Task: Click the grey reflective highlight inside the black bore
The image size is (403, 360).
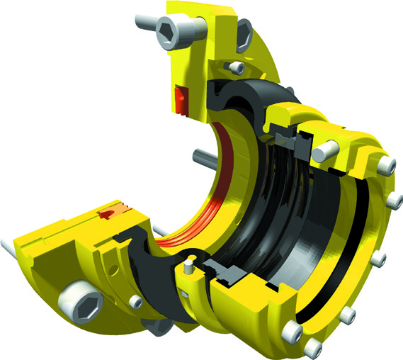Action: (312, 241)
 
